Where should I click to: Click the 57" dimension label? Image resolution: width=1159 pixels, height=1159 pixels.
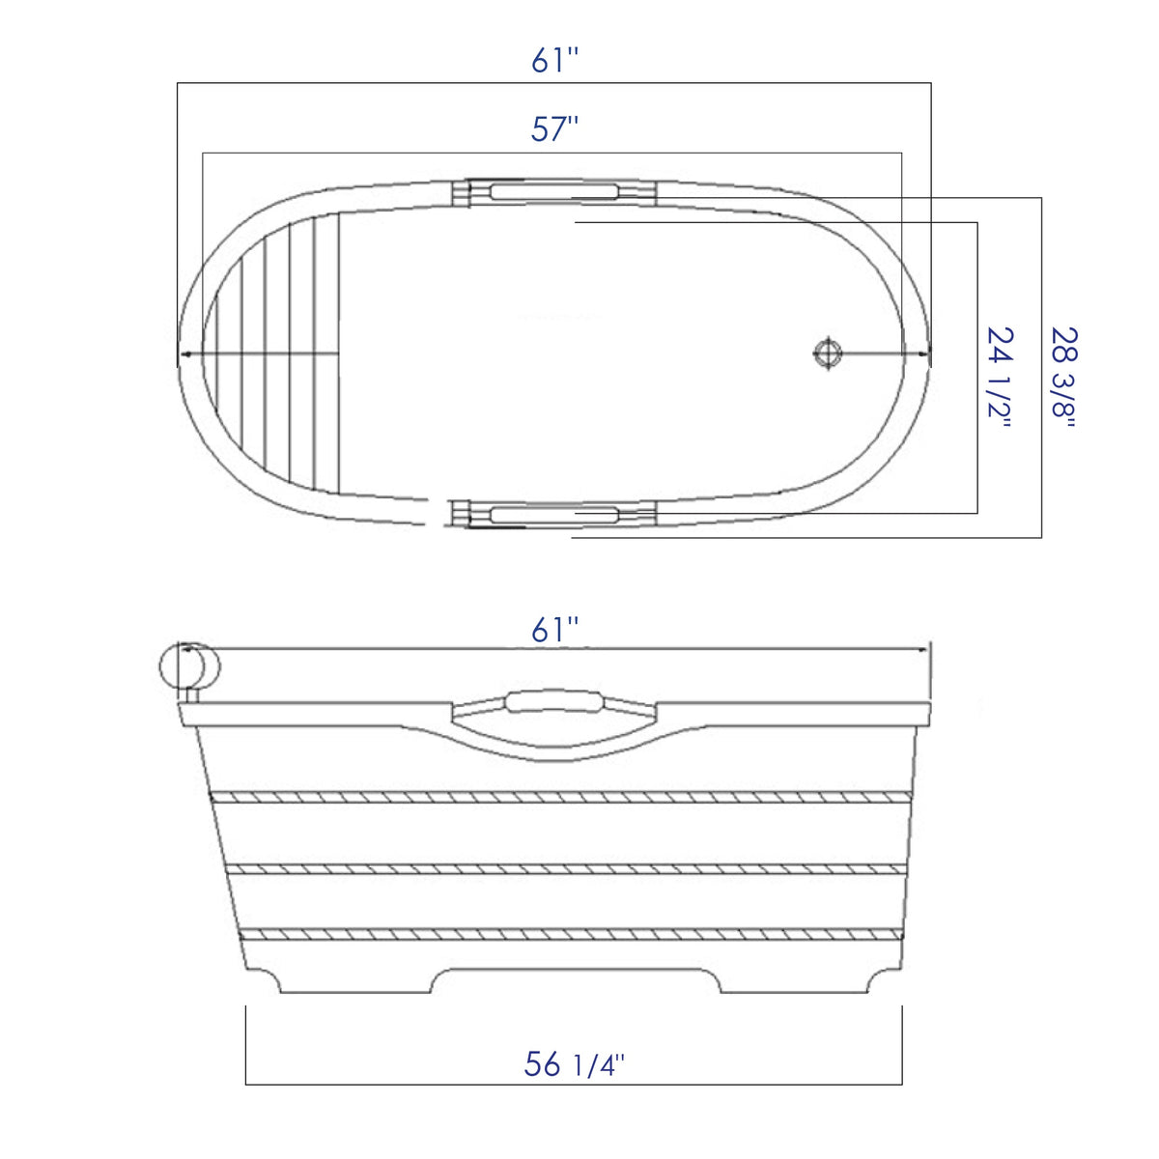click(x=554, y=128)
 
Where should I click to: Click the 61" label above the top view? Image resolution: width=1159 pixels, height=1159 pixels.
click(x=554, y=61)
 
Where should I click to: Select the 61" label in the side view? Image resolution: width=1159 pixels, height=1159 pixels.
click(x=554, y=630)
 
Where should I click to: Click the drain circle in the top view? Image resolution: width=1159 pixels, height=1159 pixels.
click(x=827, y=353)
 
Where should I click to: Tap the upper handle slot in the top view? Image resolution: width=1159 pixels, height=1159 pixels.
click(x=554, y=191)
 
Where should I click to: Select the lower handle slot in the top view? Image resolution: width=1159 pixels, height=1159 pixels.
click(x=554, y=515)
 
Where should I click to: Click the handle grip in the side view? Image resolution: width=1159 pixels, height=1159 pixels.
click(x=553, y=700)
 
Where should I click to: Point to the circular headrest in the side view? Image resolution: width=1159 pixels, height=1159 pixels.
click(x=190, y=666)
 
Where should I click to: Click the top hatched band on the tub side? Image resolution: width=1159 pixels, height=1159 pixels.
click(x=560, y=797)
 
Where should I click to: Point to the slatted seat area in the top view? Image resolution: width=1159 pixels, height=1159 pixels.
click(x=280, y=353)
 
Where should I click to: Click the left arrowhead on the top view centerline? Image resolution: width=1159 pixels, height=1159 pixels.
click(x=183, y=354)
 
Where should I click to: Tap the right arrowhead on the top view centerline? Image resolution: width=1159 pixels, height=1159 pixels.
click(x=926, y=354)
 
